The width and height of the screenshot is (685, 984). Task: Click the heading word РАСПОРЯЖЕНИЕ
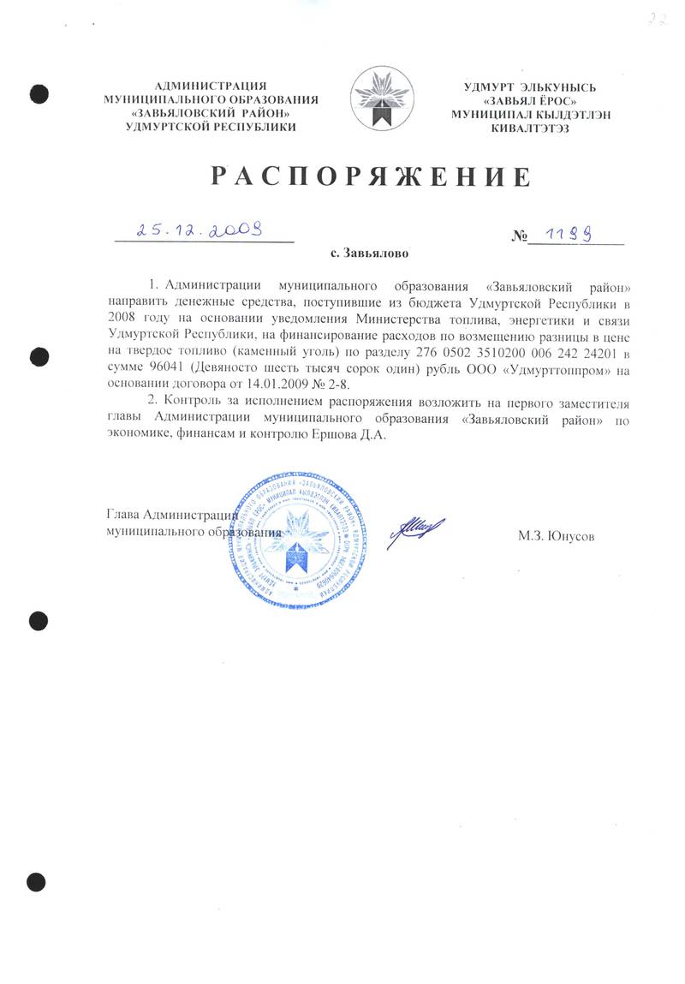371,177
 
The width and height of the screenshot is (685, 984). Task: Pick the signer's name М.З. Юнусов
556,537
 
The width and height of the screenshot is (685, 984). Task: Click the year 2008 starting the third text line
121,320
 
